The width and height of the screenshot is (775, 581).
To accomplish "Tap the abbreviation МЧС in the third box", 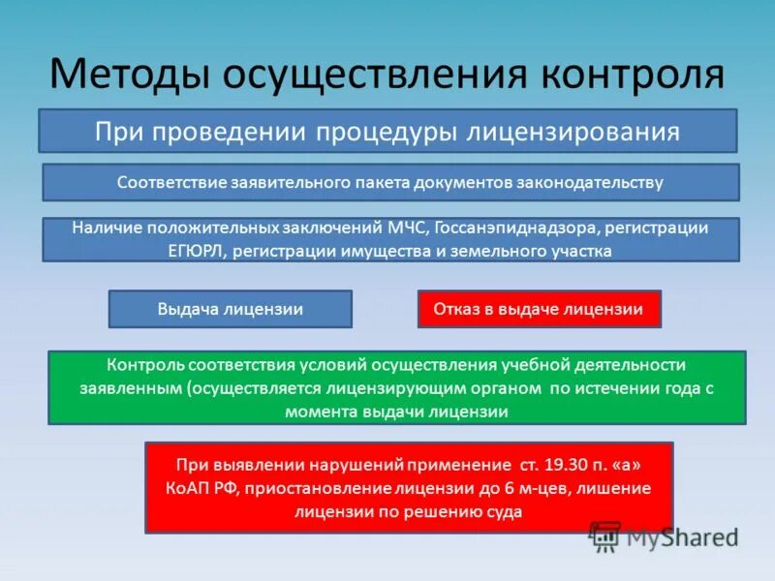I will [x=406, y=229].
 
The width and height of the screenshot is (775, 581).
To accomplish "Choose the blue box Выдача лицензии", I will [x=231, y=309].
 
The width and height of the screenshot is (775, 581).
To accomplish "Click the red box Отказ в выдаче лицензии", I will [x=539, y=309].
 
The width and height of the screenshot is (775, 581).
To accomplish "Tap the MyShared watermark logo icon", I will [x=604, y=535].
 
